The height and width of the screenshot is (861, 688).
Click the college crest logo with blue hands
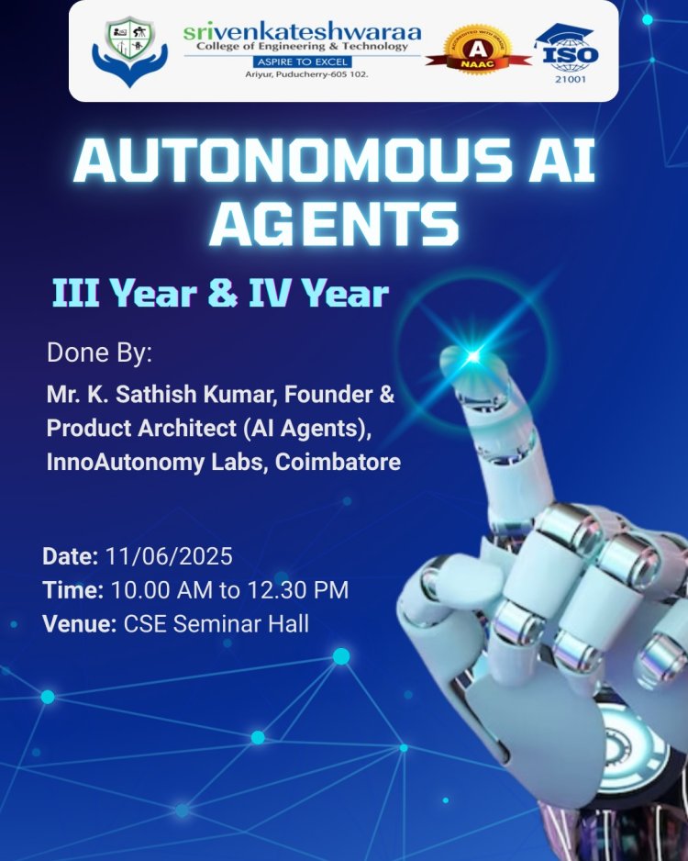[129, 51]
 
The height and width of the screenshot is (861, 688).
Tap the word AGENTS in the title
[334, 224]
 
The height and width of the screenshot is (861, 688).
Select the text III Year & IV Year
[220, 295]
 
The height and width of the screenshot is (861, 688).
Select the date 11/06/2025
[169, 556]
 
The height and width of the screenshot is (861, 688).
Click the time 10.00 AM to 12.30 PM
[229, 590]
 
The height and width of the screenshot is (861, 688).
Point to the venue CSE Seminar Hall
[216, 624]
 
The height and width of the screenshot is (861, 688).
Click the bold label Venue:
[79, 624]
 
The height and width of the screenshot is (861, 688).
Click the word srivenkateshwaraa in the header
[303, 32]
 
